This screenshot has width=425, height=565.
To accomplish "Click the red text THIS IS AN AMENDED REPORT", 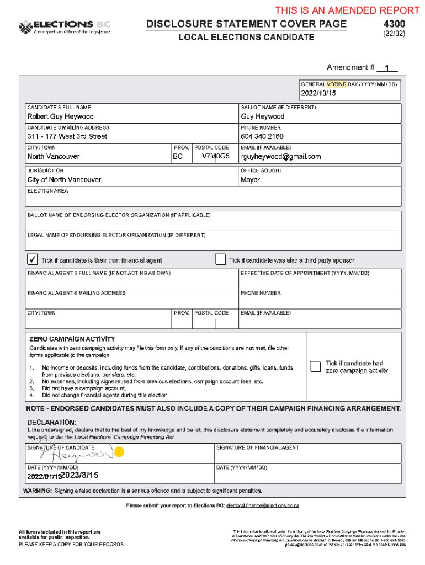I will coord(347,10).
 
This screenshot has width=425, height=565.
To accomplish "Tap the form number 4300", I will coord(394,24).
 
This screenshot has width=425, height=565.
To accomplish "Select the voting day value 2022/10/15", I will coord(318,94).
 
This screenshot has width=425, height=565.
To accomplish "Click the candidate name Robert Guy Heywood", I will coord(61,116).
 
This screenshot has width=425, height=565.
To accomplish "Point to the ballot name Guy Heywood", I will coord(262,116).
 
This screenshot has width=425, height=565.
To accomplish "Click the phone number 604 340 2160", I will coord(262,136).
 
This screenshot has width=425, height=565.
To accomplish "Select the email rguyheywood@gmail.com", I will coord(281,157).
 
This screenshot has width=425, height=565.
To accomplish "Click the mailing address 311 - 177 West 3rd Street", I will coord(67,136).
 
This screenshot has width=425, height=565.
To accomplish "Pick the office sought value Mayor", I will coord(250,180).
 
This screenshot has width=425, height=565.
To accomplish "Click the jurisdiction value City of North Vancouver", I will coord(64,180).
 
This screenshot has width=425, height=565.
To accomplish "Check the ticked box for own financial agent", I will coord(33,260).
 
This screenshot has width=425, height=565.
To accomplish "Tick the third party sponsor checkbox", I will coord(220,260).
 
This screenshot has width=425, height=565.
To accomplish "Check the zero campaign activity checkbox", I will coord(315,367).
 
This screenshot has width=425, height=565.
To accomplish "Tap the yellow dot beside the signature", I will coord(119,452).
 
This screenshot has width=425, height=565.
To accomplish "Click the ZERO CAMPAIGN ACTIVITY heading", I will coord(72,339).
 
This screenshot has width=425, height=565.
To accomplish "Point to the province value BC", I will coord(178,157).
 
